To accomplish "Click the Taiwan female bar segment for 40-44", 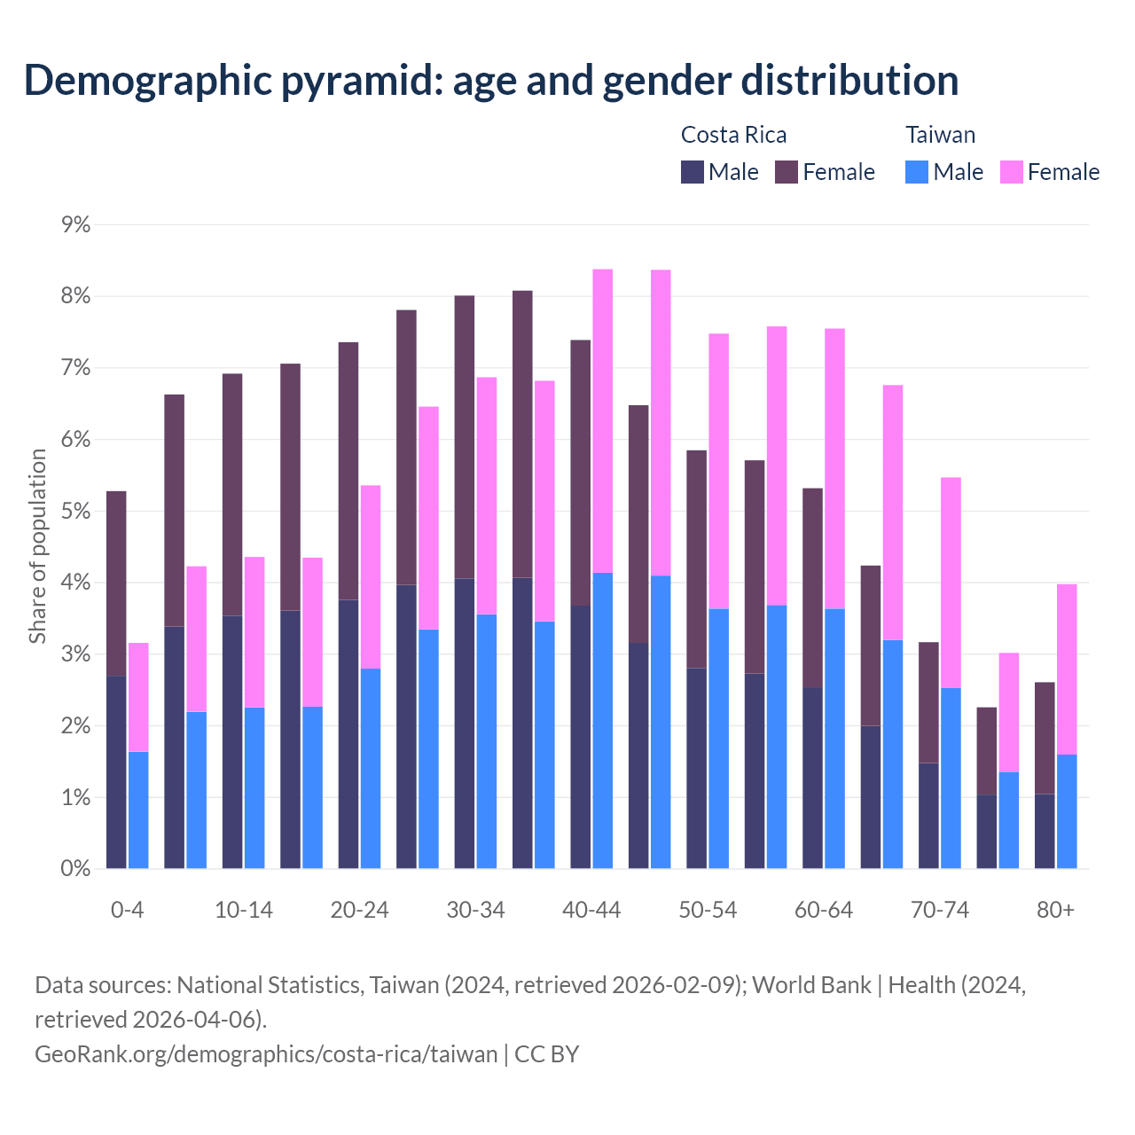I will coord(603,421).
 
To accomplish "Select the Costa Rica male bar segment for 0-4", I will coord(116,772).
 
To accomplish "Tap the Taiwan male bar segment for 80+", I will coord(1067,811).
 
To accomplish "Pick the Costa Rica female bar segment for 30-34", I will coord(465,437).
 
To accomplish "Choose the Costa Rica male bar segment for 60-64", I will coord(812,778).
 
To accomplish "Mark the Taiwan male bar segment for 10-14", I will coord(254,787).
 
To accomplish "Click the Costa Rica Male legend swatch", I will coord(693,172).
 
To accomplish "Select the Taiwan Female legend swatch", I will coord(1012,172).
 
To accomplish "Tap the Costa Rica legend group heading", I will coord(733,135).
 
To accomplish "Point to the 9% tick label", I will coord(76,224).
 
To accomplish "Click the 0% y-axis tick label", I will coord(76,869).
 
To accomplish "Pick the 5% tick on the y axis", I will coord(76,512).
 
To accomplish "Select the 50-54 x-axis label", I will coord(708,911).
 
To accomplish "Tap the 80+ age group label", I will coord(1055,911).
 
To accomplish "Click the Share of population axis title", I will coord(38,546).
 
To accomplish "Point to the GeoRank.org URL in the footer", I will coord(266,1054).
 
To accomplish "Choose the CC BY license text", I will coord(547,1054).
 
